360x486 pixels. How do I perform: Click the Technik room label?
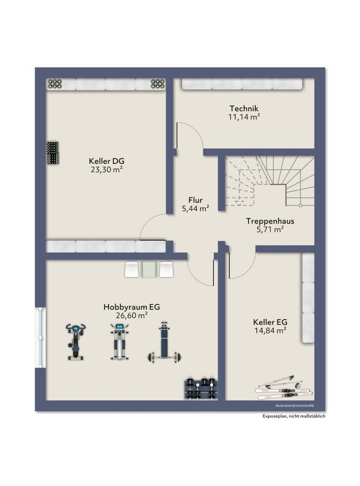click(x=244, y=108)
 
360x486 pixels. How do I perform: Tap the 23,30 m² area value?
click(x=106, y=170)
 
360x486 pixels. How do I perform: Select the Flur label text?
click(x=195, y=200)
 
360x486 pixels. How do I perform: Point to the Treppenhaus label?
click(x=270, y=221)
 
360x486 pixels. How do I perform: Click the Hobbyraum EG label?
click(x=132, y=307)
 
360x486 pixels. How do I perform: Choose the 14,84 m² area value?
click(x=270, y=330)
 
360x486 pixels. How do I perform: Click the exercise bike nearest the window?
click(x=76, y=342)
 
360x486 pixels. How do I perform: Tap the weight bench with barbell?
click(x=164, y=342)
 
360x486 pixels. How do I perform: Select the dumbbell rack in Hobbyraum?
click(x=201, y=389)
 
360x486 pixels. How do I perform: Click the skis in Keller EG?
click(x=283, y=388)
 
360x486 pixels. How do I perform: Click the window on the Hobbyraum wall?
click(x=40, y=337)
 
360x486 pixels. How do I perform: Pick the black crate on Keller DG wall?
click(x=54, y=153)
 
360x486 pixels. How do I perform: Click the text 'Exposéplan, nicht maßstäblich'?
click(x=294, y=416)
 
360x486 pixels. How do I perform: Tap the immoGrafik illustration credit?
click(x=295, y=406)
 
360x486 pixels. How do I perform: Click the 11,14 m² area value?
click(x=244, y=117)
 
